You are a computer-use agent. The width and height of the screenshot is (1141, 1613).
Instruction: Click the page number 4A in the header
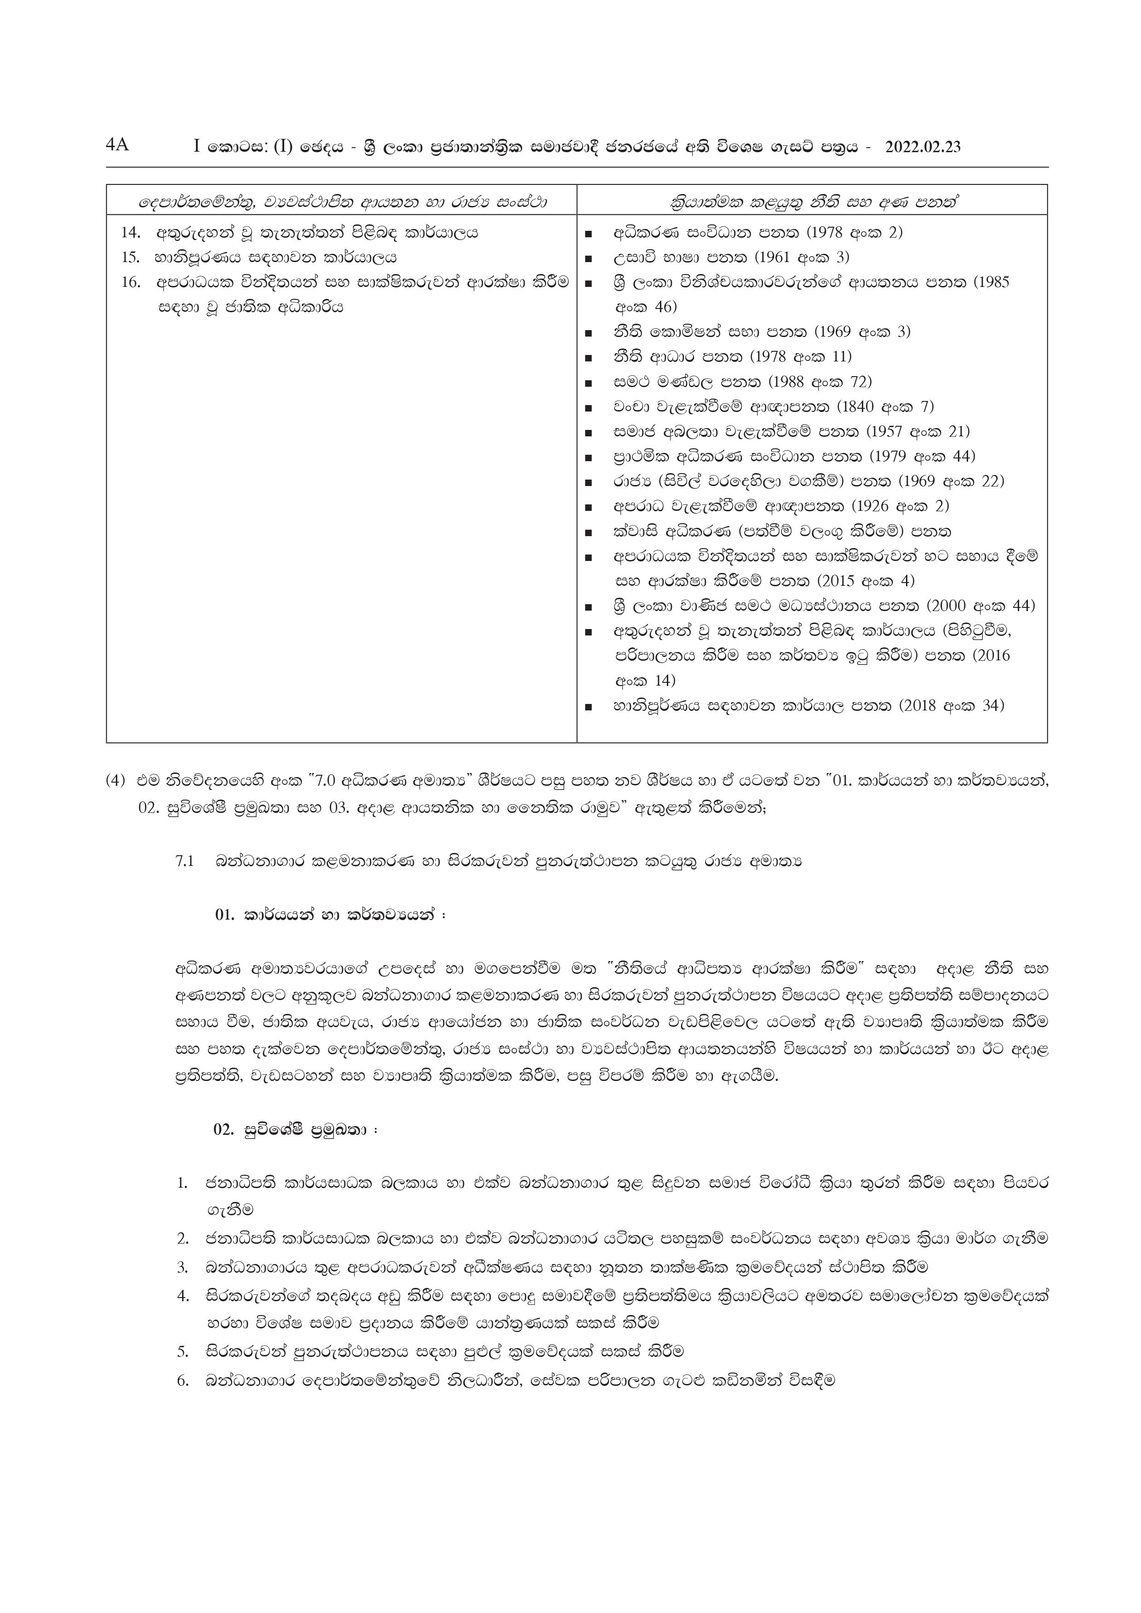click(x=117, y=145)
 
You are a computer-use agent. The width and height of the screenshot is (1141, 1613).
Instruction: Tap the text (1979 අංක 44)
click(x=923, y=457)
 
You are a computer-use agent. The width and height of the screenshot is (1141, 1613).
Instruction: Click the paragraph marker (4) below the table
click(x=116, y=781)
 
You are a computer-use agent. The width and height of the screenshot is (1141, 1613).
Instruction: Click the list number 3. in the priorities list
click(x=183, y=1267)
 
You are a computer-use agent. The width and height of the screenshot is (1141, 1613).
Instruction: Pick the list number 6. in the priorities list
click(x=183, y=1380)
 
